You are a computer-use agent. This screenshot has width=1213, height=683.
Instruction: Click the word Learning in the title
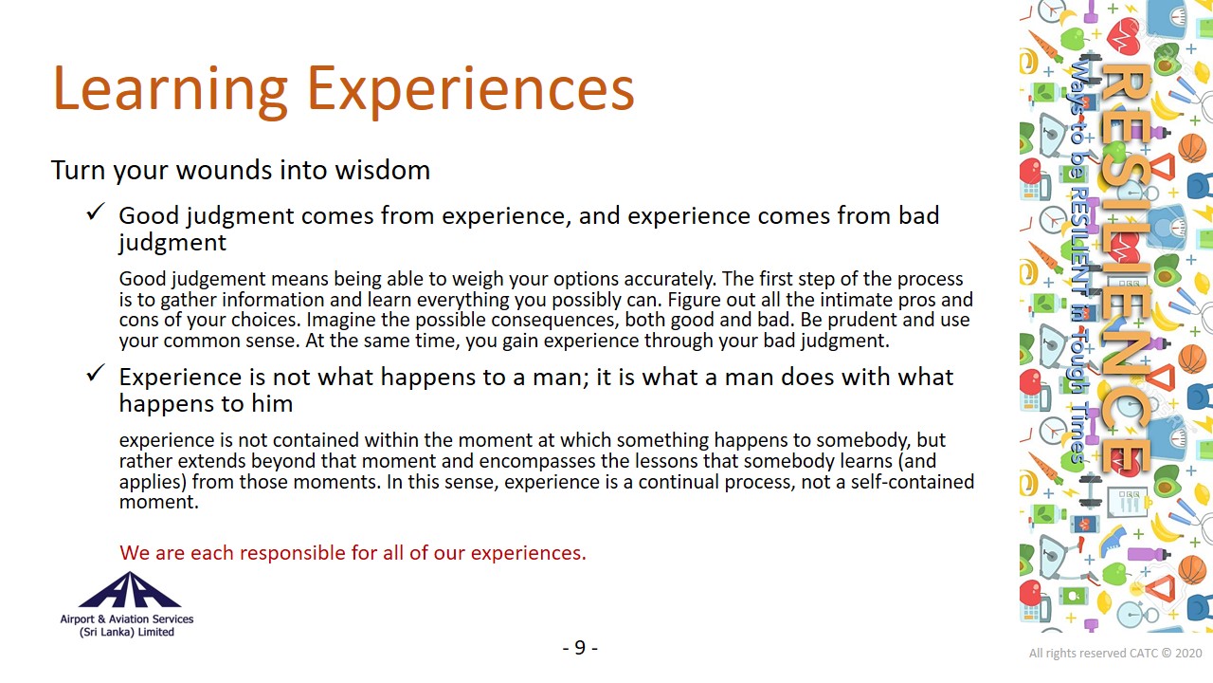170,89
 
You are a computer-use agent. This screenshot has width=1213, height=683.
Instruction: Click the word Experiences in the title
471,89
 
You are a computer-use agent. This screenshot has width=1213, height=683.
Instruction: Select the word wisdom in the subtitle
382,170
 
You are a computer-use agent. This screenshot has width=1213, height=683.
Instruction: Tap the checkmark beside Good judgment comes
96,212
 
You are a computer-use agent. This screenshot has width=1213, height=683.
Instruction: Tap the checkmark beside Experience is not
96,373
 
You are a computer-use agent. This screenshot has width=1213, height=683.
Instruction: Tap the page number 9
580,647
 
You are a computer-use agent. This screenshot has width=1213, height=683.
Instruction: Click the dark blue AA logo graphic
130,590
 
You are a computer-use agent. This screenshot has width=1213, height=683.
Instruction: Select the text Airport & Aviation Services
127,619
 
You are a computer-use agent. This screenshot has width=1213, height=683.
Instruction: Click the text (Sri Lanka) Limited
127,632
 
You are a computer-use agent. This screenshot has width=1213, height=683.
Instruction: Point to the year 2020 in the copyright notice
1188,654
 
